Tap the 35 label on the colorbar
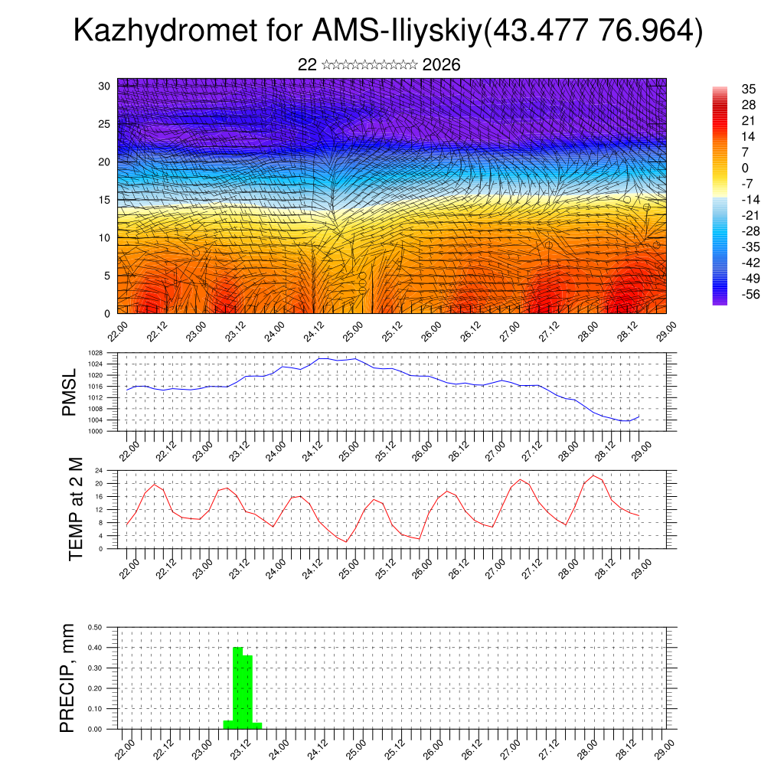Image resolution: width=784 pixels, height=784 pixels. (749, 89)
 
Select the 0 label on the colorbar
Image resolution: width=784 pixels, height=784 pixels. (745, 168)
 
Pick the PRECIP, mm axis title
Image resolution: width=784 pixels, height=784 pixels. (69, 678)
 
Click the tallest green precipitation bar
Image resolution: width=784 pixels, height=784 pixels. (237, 688)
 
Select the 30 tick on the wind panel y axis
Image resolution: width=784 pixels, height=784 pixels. (104, 86)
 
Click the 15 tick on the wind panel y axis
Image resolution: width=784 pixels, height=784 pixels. (104, 200)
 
